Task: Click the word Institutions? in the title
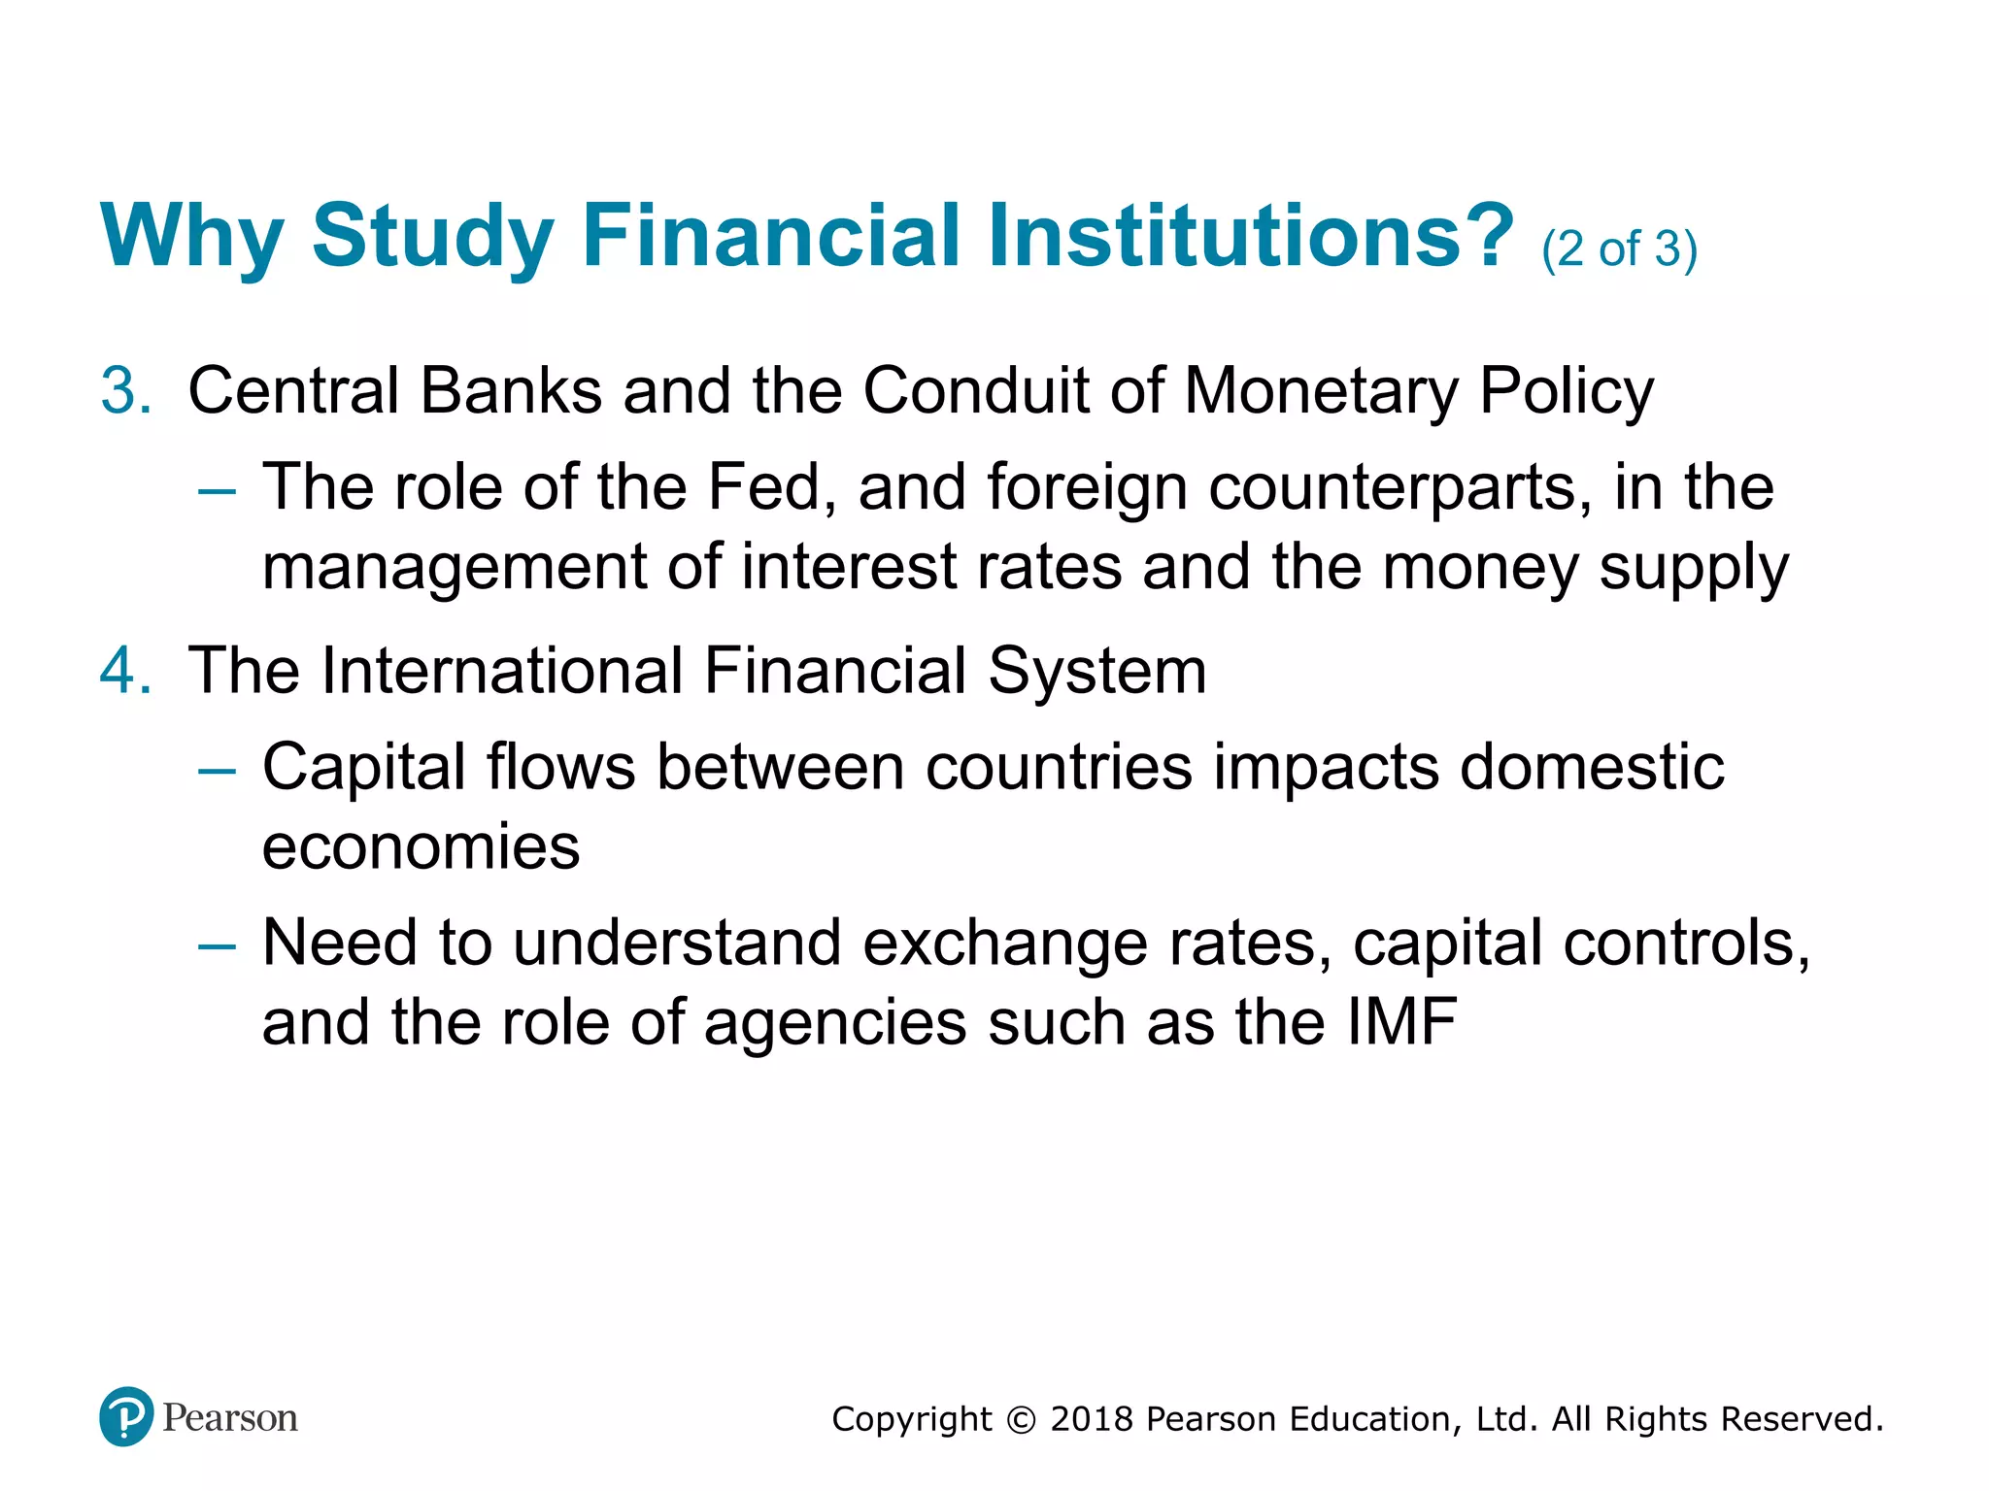point(1251,236)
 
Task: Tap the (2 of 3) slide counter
point(1619,249)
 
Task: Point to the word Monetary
point(1321,393)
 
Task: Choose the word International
point(502,671)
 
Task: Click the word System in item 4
point(1097,673)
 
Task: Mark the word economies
point(421,847)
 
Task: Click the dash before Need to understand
point(217,946)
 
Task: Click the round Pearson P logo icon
point(126,1416)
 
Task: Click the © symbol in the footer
point(1021,1420)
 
